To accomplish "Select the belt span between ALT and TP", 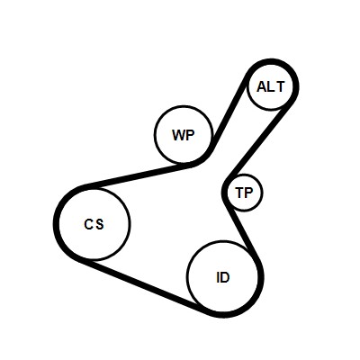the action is [x=257, y=142].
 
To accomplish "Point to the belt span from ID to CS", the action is [x=144, y=286].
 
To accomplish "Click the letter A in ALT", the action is [x=262, y=87].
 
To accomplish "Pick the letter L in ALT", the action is [x=271, y=87].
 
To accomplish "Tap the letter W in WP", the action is [x=179, y=135].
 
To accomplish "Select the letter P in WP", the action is [x=190, y=135].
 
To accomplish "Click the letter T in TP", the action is [x=240, y=193].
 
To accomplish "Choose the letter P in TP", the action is [x=249, y=193].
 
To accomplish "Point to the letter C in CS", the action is [x=89, y=224].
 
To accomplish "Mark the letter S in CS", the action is [x=100, y=224].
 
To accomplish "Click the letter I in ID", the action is [x=218, y=278].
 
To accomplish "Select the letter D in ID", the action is [x=225, y=278].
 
